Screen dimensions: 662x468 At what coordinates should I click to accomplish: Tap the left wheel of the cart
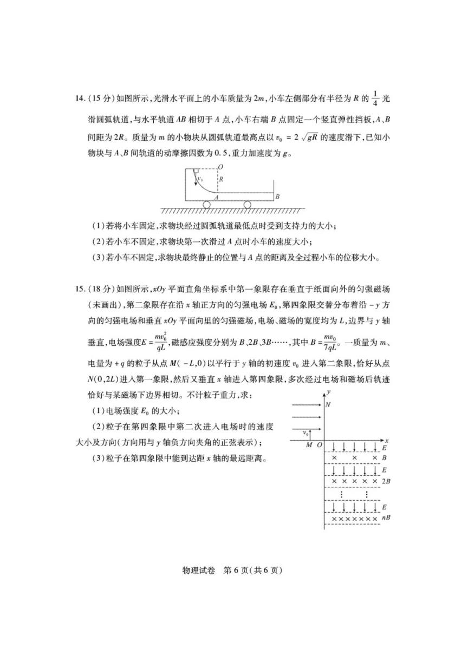208,204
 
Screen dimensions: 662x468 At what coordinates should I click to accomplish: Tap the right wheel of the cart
247,204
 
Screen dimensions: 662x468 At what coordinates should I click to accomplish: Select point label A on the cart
216,198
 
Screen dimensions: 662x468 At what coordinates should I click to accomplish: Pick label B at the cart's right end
277,196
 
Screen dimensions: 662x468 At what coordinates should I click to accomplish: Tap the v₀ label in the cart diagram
200,179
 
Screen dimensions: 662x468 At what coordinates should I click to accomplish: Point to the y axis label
329,391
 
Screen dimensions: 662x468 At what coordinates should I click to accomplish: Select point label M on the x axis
309,444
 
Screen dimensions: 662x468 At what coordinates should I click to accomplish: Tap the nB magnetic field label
386,518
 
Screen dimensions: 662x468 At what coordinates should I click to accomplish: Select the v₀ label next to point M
305,432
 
